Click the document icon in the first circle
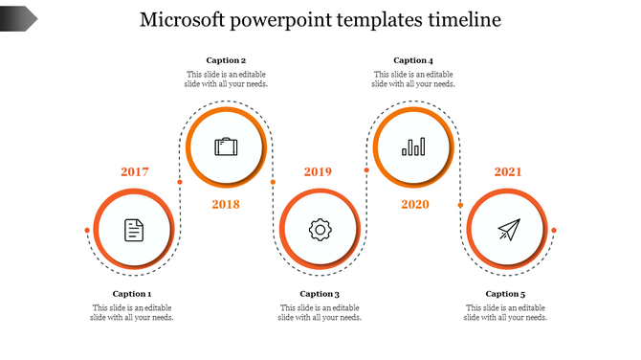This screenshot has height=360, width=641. coord(134,230)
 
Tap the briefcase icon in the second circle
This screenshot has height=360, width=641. coord(227,147)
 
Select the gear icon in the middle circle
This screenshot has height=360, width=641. coord(320,230)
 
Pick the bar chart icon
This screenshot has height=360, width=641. coord(413,146)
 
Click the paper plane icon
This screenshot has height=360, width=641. coord(508,230)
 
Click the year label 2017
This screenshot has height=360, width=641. coord(135,172)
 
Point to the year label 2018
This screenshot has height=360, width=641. coord(226,204)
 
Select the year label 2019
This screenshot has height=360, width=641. coord(318,172)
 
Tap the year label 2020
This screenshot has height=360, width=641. coord(415,204)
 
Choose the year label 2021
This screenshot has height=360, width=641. coord(508,172)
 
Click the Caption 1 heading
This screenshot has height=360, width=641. coord(132,294)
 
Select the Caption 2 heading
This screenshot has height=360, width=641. coord(226,60)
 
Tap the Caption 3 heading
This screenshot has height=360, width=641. coord(320,294)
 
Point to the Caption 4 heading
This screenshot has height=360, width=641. coord(413,60)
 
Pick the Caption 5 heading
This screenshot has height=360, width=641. coord(505,294)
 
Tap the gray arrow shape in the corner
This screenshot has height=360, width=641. coord(18,17)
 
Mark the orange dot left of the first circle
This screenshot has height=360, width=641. coord(87,231)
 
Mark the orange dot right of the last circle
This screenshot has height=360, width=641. coord(554,231)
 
